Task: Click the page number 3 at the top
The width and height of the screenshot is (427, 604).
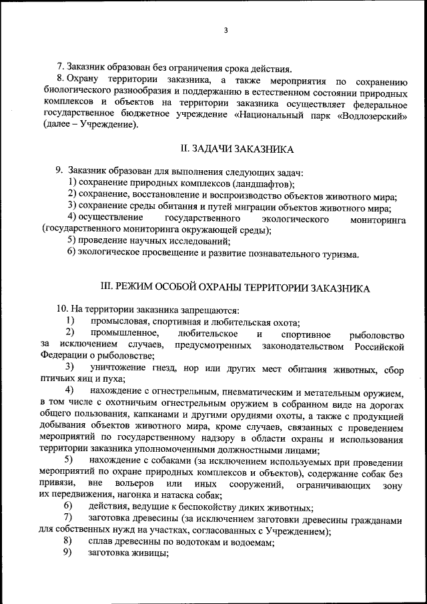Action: click(226, 31)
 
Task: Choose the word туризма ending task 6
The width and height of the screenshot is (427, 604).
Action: click(340, 253)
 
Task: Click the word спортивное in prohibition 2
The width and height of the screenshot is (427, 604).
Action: click(306, 333)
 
